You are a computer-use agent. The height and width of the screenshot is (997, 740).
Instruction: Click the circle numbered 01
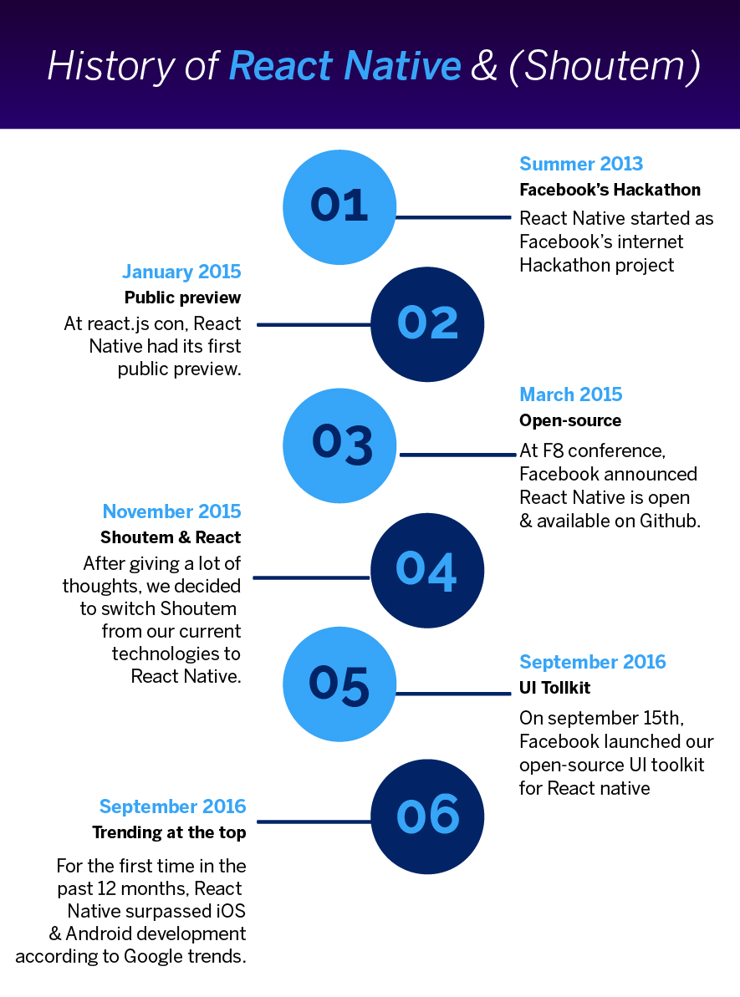[x=339, y=206]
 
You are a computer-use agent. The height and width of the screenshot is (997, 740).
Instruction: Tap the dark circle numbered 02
[x=427, y=324]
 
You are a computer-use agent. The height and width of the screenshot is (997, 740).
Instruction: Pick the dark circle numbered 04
[x=427, y=570]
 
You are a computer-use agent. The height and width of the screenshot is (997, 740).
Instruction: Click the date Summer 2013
[x=581, y=164]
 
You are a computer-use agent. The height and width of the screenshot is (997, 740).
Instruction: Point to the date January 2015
[x=181, y=272]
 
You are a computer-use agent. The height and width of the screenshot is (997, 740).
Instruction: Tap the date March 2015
[x=571, y=394]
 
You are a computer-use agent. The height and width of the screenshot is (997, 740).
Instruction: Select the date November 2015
[x=171, y=511]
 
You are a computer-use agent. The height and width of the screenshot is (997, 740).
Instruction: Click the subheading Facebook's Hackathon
[x=610, y=190]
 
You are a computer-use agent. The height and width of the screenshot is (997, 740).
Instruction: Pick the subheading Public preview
[x=182, y=298]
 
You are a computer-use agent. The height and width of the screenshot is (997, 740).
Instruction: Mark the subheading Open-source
[x=570, y=420]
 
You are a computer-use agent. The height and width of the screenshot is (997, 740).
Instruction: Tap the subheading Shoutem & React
[x=171, y=537]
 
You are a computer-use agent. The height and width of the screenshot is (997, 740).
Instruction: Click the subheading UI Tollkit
[x=555, y=688]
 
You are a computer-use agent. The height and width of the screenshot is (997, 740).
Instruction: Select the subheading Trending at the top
[x=169, y=832]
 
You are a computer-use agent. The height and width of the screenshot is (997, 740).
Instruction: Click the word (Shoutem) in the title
[x=604, y=66]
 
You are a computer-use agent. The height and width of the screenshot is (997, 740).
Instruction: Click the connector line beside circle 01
[x=452, y=217]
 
